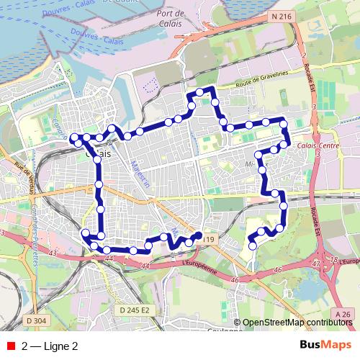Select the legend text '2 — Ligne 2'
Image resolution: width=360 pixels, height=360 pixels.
pos(50,346)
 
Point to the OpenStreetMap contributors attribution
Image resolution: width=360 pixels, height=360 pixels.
pos(297,323)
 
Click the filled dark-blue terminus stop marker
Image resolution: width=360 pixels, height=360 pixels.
pos(198,235)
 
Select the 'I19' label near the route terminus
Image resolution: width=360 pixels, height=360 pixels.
pos(209,238)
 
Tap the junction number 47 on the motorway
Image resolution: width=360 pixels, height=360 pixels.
pos(317,264)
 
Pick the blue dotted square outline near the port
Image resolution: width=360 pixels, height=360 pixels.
pos(150,85)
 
